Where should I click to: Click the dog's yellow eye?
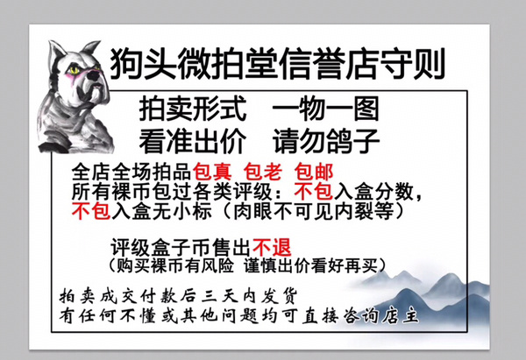click(x=74, y=70)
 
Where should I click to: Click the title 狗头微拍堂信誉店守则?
click(x=278, y=64)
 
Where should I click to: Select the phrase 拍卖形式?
click(x=193, y=109)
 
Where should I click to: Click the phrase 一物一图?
click(x=325, y=109)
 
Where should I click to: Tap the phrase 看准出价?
click(x=193, y=141)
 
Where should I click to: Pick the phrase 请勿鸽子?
click(x=326, y=141)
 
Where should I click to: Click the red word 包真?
click(x=212, y=172)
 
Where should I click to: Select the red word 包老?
click(x=263, y=172)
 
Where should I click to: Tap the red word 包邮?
click(x=314, y=172)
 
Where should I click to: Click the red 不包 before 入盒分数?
click(x=313, y=192)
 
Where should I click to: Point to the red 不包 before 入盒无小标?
click(x=91, y=211)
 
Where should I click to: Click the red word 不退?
click(x=272, y=247)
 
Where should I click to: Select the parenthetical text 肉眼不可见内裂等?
click(x=313, y=211)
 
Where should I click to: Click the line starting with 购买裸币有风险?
click(x=247, y=265)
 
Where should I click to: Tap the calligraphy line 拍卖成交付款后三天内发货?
click(x=178, y=296)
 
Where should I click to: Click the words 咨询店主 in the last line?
click(x=381, y=315)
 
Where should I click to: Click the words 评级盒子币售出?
click(x=181, y=247)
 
